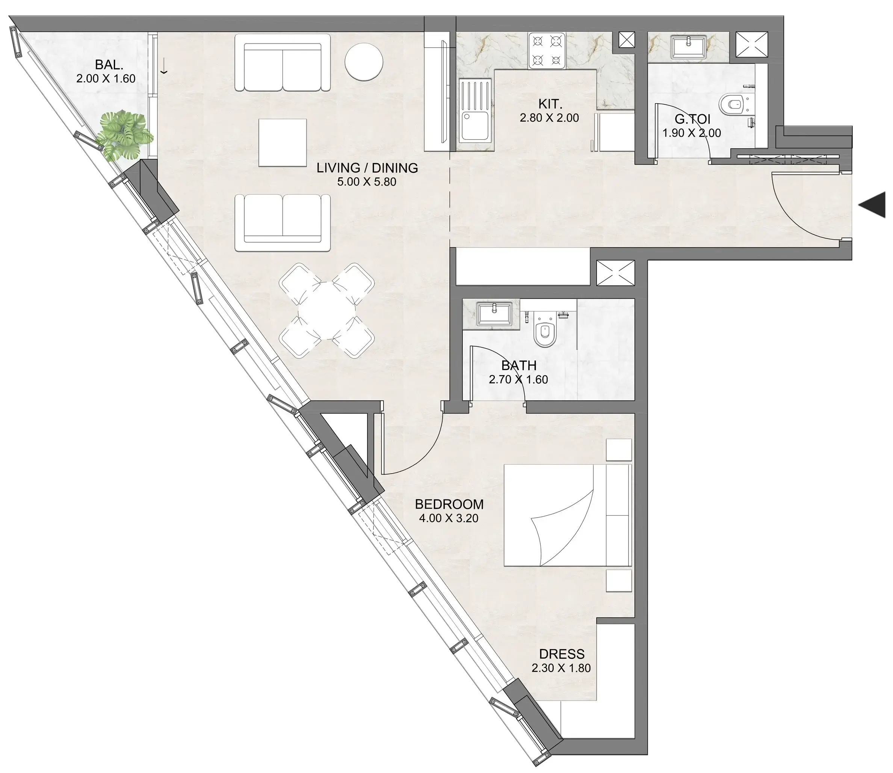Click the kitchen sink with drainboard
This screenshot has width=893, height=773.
pyautogui.click(x=474, y=111)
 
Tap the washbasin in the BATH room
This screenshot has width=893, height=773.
pyautogui.click(x=494, y=314)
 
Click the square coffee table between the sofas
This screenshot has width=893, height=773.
pyautogui.click(x=283, y=143)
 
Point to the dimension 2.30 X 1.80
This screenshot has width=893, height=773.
pyautogui.click(x=561, y=668)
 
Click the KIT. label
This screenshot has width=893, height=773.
pyautogui.click(x=550, y=104)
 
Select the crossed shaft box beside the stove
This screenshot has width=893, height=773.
pyautogui.click(x=627, y=40)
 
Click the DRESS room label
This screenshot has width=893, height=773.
pyautogui.click(x=562, y=654)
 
